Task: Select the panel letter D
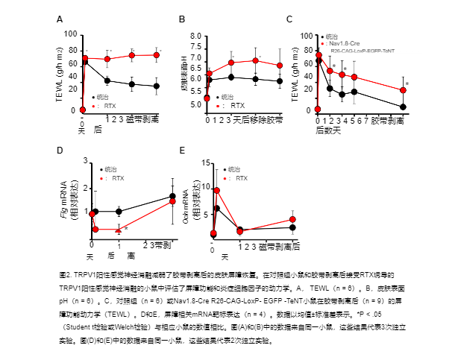point(60,150)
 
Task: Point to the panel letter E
point(181,150)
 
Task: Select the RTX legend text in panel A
point(110,106)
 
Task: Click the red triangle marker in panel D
point(119,229)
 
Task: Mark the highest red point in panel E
point(216,191)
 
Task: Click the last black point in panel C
point(403,107)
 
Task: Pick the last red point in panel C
point(403,90)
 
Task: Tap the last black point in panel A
point(157,86)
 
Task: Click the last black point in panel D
point(172,196)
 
